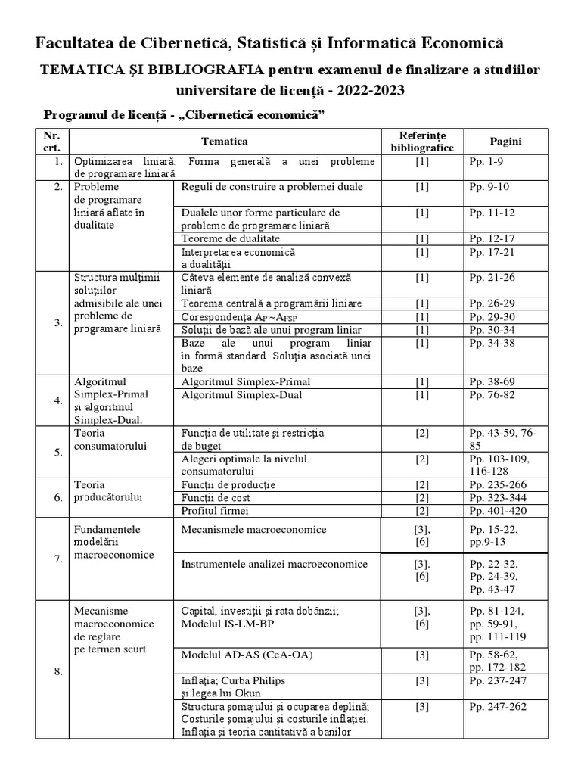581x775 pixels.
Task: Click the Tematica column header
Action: [224, 141]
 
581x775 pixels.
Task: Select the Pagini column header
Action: [505, 141]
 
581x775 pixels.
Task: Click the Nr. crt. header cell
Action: [51, 141]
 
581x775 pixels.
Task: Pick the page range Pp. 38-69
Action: [492, 381]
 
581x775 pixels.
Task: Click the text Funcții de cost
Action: [216, 498]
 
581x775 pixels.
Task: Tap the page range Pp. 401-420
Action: [496, 511]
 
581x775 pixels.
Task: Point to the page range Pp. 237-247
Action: [496, 680]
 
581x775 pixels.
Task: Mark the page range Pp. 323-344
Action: [496, 498]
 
